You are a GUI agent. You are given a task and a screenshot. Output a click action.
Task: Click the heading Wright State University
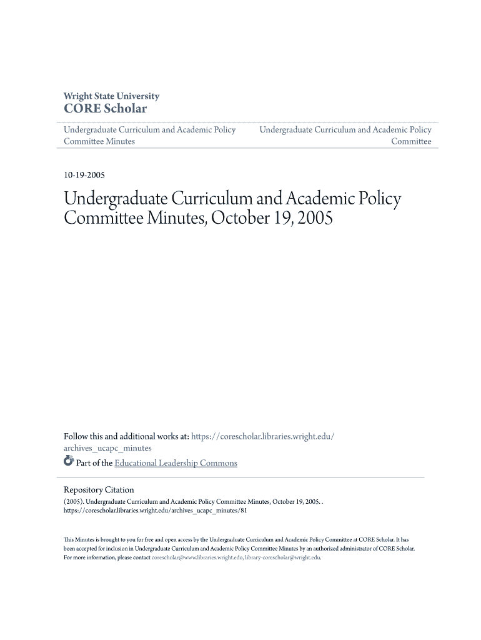(x=111, y=96)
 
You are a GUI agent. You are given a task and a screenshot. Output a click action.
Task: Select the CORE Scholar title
(x=105, y=109)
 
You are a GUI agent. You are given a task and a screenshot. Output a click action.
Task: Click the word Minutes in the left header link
(x=121, y=141)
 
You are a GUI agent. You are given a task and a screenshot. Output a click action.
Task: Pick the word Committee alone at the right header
(x=411, y=141)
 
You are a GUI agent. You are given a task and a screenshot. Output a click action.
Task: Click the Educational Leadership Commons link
(x=176, y=463)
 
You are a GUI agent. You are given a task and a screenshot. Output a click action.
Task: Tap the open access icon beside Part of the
(x=69, y=462)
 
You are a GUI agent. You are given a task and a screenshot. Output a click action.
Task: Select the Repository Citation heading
(x=99, y=490)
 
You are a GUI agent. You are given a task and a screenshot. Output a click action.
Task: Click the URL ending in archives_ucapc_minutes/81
(x=156, y=510)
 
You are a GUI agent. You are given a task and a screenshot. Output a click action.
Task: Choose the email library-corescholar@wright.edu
(x=282, y=557)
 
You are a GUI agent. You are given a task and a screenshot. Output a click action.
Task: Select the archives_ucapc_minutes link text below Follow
(x=107, y=448)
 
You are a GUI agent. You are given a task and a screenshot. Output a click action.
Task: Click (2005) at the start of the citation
(x=73, y=501)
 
